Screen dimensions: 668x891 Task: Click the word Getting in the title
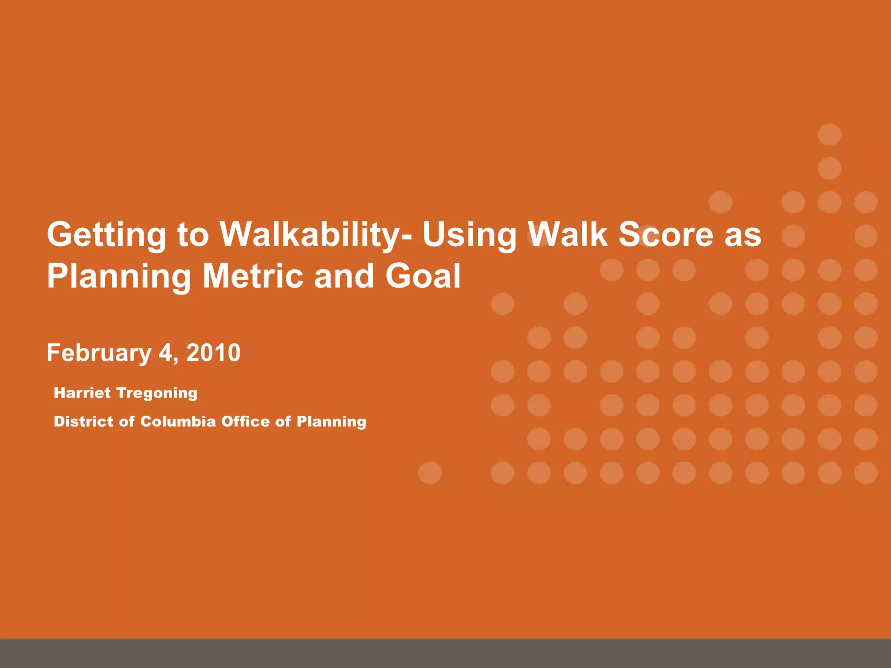(106, 235)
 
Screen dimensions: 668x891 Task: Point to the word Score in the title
(666, 234)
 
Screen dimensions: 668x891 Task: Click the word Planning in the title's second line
(119, 277)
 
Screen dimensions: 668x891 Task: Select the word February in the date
(99, 353)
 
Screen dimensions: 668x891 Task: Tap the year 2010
(213, 352)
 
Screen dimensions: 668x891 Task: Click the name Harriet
(82, 393)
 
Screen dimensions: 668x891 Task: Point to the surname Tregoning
(157, 394)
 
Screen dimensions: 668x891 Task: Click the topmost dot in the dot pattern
(829, 134)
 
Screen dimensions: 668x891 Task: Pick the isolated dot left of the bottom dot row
(430, 473)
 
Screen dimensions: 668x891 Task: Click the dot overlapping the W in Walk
(539, 236)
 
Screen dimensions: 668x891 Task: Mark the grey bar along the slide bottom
(445, 653)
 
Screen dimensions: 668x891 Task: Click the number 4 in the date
(166, 352)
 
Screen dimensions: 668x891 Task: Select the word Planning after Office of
(331, 422)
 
